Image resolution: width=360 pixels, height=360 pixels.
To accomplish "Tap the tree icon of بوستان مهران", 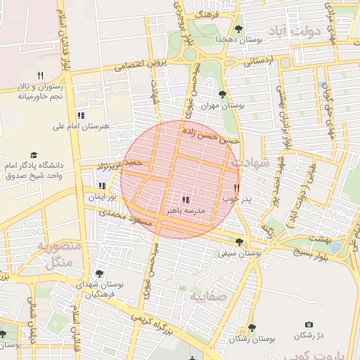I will pyautogui.click(x=223, y=94).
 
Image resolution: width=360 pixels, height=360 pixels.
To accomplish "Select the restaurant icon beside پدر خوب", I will pyautogui.click(x=236, y=188).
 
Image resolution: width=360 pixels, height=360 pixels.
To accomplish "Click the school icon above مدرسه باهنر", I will pyautogui.click(x=185, y=200).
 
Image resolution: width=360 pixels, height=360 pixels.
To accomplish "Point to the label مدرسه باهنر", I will pyautogui.click(x=185, y=211).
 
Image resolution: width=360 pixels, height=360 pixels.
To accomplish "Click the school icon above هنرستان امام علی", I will pyautogui.click(x=81, y=115).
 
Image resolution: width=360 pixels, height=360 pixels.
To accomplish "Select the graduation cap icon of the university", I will pyautogui.click(x=33, y=155).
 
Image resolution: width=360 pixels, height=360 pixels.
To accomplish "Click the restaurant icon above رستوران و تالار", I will pyautogui.click(x=40, y=75).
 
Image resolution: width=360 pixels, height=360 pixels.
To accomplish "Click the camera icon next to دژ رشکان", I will pyautogui.click(x=309, y=324).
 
